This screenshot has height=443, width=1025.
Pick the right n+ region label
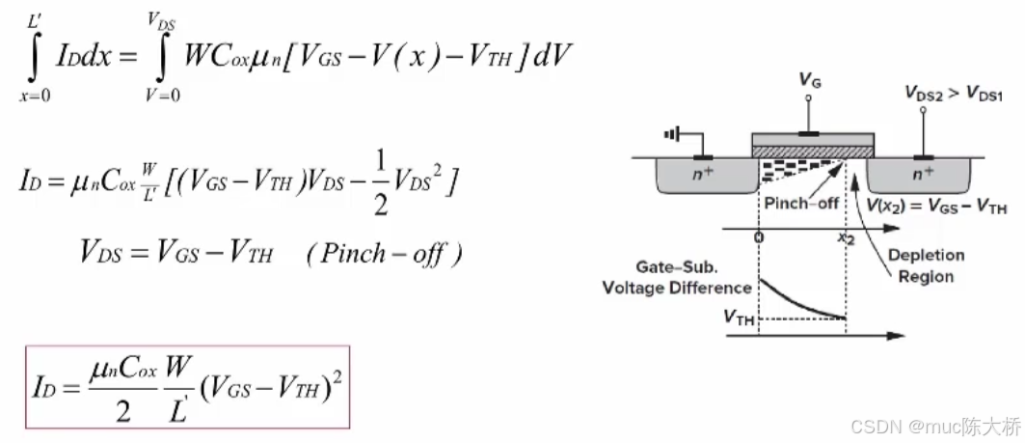[x=923, y=175]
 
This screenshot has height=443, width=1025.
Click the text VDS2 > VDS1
[x=954, y=93]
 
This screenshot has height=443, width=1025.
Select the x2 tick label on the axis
[x=846, y=239]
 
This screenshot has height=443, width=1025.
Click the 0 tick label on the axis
[x=759, y=238]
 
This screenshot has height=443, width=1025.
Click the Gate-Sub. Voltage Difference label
[x=677, y=277]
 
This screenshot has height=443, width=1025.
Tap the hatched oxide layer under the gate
[x=812, y=152]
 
